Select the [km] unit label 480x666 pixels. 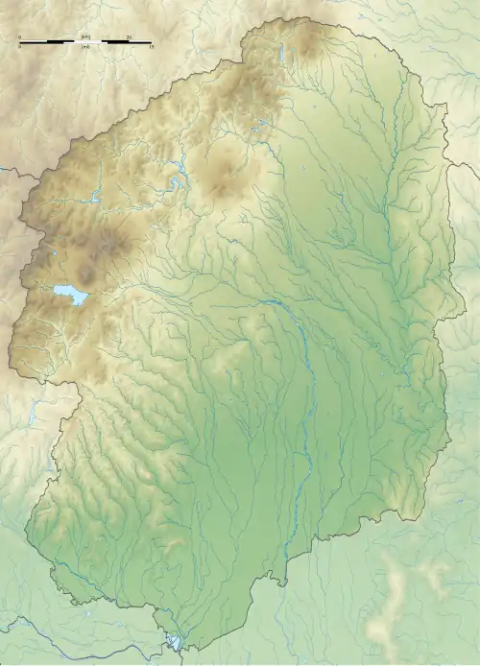point(86,36)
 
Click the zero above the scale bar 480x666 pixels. point(20,36)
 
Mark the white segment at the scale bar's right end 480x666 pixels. point(141,42)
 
